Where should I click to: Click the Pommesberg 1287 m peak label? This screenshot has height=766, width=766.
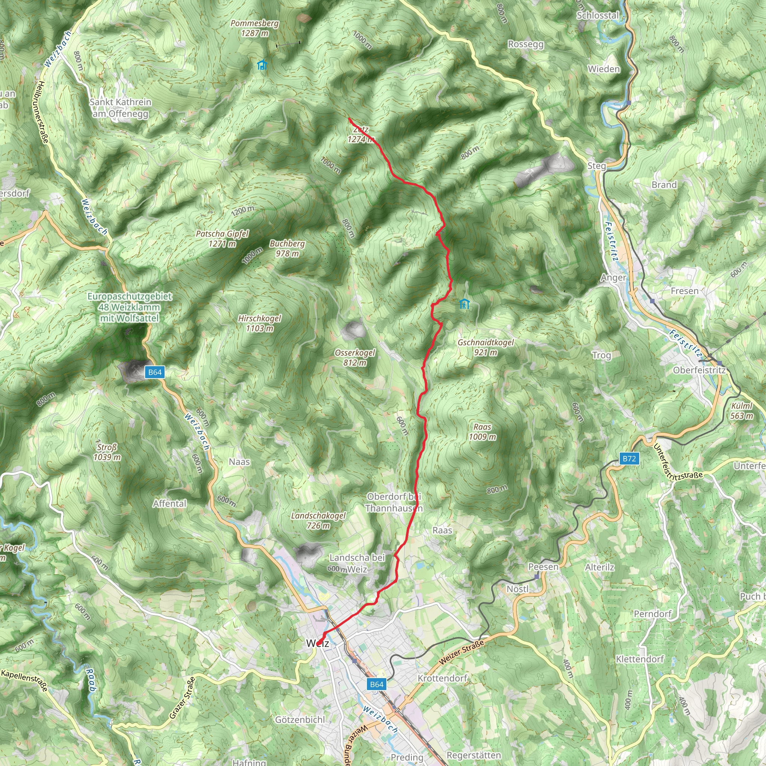(255, 28)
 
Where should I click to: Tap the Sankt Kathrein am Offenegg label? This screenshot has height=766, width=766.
(120, 108)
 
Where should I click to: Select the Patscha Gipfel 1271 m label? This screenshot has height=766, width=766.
(222, 239)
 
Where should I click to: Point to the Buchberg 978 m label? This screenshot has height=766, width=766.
(288, 249)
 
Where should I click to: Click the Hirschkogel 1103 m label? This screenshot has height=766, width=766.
(260, 323)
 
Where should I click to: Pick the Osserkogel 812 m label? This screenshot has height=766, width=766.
(355, 358)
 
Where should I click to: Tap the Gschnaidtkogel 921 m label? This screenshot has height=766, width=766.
(486, 347)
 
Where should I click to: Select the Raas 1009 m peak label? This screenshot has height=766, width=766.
(482, 432)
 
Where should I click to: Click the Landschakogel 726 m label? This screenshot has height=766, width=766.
(318, 521)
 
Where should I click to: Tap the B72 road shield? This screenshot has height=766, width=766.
(629, 459)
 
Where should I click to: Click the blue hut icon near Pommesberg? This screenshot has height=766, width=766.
(262, 65)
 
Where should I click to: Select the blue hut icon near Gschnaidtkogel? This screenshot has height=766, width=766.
(464, 304)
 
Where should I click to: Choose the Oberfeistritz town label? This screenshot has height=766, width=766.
(699, 370)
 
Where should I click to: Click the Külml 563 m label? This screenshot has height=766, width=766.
(742, 411)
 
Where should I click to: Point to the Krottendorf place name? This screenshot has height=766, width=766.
(442, 678)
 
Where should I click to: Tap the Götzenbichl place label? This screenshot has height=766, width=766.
(300, 720)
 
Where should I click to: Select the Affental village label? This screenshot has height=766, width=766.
(170, 503)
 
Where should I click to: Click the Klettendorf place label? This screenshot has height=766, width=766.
(640, 659)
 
